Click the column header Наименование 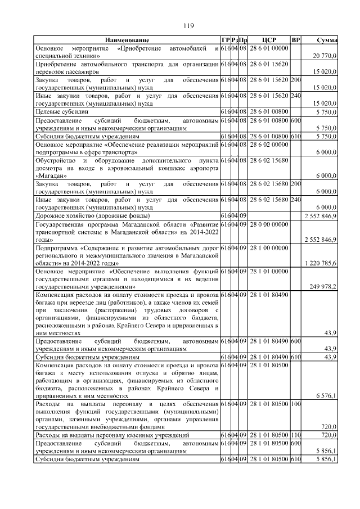(127, 40)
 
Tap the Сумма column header (326, 40)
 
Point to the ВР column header (295, 40)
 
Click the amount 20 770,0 (325, 56)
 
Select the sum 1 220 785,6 (320, 263)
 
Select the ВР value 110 (295, 435)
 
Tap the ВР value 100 (295, 404)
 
